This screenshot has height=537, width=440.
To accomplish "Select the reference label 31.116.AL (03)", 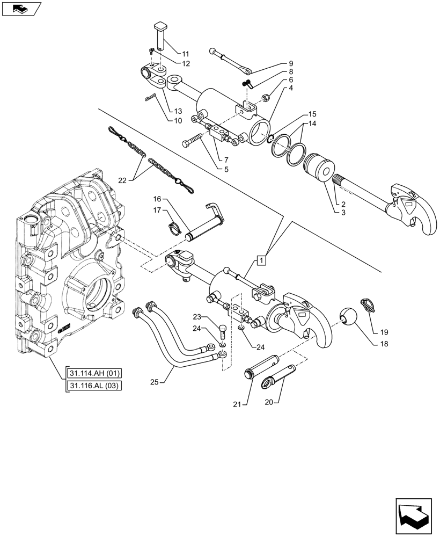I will tap(94, 386).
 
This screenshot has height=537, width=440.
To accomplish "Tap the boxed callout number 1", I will tap(261, 261).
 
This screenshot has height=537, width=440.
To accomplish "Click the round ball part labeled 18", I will tap(349, 316).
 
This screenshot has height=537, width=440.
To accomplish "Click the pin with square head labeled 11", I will tap(160, 35).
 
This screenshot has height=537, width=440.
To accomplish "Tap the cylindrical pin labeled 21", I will tap(253, 373).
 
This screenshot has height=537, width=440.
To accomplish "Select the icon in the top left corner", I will tap(21, 9).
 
